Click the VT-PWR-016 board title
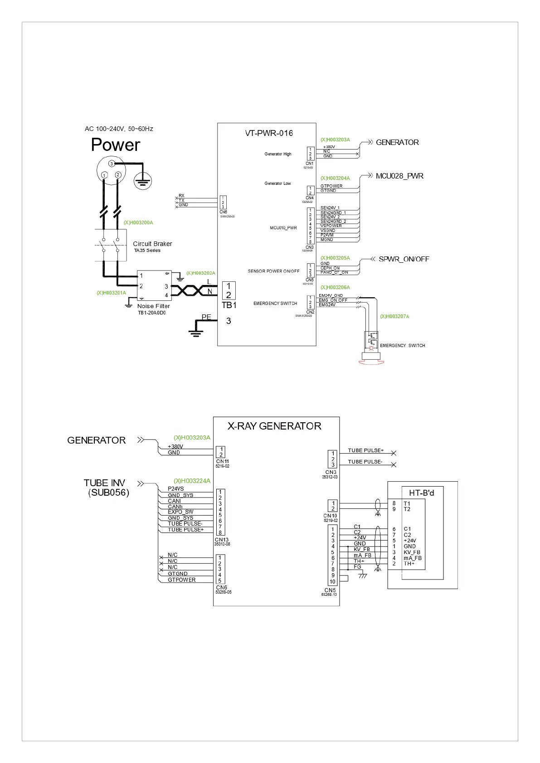click(x=269, y=133)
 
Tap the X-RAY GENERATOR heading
click(x=274, y=426)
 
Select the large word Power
click(x=116, y=145)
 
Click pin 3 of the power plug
click(x=111, y=164)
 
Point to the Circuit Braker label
click(x=152, y=244)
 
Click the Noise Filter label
click(x=153, y=306)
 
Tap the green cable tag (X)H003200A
click(x=138, y=223)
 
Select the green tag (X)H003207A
click(x=394, y=316)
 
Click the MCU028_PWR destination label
click(x=399, y=176)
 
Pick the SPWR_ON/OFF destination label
click(x=404, y=259)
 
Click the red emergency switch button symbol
click(x=371, y=361)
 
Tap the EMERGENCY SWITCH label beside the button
click(x=402, y=346)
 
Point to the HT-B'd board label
click(x=421, y=493)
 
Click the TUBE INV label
click(x=104, y=483)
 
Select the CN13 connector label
click(x=221, y=540)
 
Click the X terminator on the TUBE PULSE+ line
click(x=394, y=453)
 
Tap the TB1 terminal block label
click(x=229, y=305)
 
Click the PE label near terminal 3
click(x=206, y=317)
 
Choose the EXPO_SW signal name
click(x=180, y=512)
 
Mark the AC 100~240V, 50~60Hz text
click(x=119, y=129)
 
